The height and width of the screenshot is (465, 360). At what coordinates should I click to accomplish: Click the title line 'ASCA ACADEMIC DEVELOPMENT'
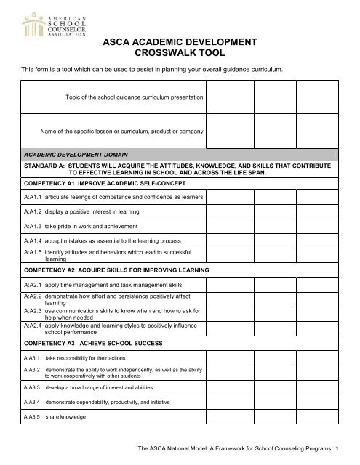click(x=179, y=43)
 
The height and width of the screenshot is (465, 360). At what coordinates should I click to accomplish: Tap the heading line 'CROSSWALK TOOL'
click(x=179, y=54)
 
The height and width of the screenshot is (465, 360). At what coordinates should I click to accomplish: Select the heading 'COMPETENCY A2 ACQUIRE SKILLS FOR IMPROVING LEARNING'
click(x=116, y=270)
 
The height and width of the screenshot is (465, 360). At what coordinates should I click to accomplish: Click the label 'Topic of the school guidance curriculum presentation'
click(x=113, y=97)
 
